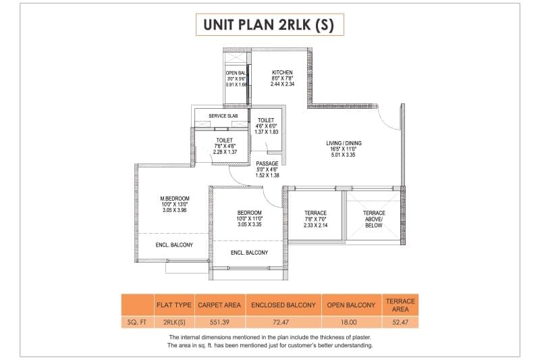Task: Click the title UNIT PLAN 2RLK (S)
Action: pyautogui.click(x=270, y=26)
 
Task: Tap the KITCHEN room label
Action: pyautogui.click(x=281, y=72)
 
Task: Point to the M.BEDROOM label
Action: pyautogui.click(x=174, y=199)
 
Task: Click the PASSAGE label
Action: pyautogui.click(x=267, y=163)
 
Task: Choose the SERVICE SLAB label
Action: pyautogui.click(x=223, y=115)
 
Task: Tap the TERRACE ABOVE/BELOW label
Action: pyautogui.click(x=374, y=219)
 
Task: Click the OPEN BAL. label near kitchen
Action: pyautogui.click(x=236, y=73)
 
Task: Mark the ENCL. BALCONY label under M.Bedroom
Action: pyautogui.click(x=174, y=245)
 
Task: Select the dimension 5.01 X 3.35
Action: pyautogui.click(x=343, y=155)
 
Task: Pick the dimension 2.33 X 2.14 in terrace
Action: pyautogui.click(x=315, y=225)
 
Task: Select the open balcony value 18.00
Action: pyautogui.click(x=350, y=321)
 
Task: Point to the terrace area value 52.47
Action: pyautogui.click(x=400, y=321)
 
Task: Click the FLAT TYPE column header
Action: pyautogui.click(x=173, y=305)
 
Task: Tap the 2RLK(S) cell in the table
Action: pyautogui.click(x=173, y=321)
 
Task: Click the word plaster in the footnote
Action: pyautogui.click(x=358, y=336)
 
